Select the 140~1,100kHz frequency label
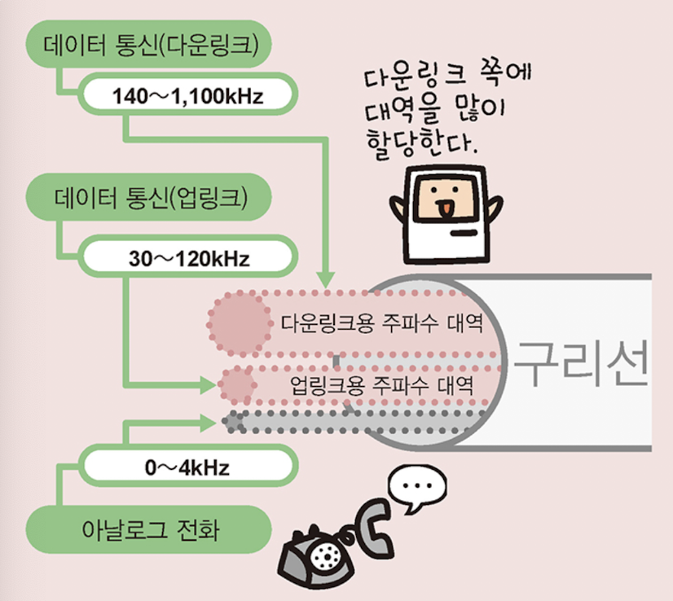click(187, 97)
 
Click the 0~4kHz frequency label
click(187, 467)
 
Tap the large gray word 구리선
click(583, 363)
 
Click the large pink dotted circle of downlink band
click(241, 324)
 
